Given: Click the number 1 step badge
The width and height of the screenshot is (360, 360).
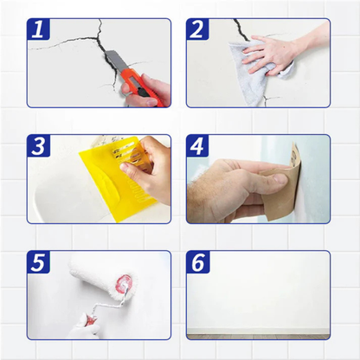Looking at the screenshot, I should click(36, 29).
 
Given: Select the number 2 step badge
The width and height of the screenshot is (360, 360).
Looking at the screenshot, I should click(197, 29).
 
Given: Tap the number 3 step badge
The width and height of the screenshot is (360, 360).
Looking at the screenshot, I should click(36, 146).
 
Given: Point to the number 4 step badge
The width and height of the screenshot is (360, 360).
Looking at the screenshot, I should click(197, 146).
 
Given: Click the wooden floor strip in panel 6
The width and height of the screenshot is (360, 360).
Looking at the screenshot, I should click(258, 336).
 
